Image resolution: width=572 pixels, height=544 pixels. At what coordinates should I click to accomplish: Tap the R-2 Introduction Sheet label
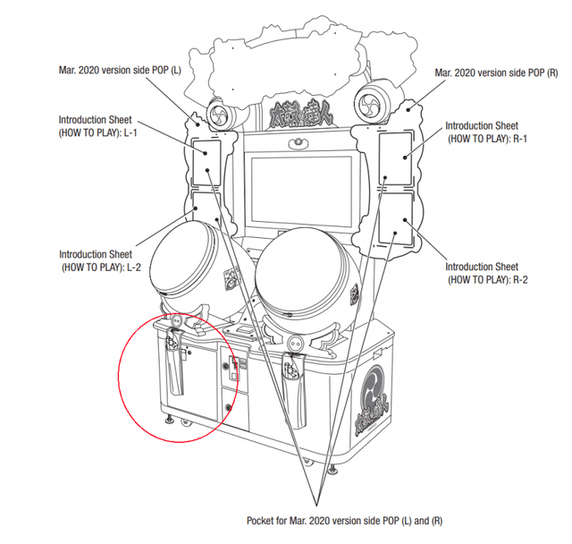(x=482, y=273)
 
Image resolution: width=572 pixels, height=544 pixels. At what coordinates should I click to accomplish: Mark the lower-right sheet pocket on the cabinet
(x=397, y=219)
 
